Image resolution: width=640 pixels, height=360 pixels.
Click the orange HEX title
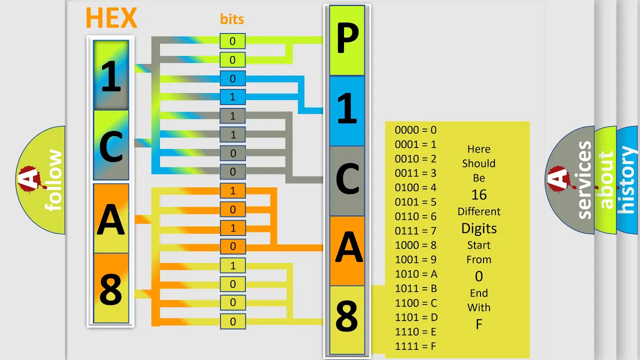(111, 17)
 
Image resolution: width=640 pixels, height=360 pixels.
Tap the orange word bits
(232, 19)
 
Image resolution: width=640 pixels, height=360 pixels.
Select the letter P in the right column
(347, 37)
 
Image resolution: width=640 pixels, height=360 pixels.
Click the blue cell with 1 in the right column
(347, 111)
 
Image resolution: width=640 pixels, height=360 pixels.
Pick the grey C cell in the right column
(347, 181)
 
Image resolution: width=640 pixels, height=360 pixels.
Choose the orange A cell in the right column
(347, 251)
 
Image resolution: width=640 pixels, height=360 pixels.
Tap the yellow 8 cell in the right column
(347, 320)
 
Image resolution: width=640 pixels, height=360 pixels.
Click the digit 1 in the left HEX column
(111, 76)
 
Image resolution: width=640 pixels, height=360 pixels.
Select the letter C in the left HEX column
(111, 147)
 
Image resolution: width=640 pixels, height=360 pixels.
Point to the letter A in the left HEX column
(111, 219)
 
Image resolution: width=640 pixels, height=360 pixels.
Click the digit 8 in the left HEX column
(111, 289)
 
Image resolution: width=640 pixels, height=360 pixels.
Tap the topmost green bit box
(232, 41)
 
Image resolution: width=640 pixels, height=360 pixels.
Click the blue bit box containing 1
(232, 97)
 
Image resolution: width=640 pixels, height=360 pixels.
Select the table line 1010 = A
(416, 274)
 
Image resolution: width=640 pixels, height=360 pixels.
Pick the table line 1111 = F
(415, 346)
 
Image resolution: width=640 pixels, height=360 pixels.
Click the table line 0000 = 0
(415, 130)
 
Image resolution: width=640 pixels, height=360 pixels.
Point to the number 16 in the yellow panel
(479, 195)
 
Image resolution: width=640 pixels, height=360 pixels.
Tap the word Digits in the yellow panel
(479, 228)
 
